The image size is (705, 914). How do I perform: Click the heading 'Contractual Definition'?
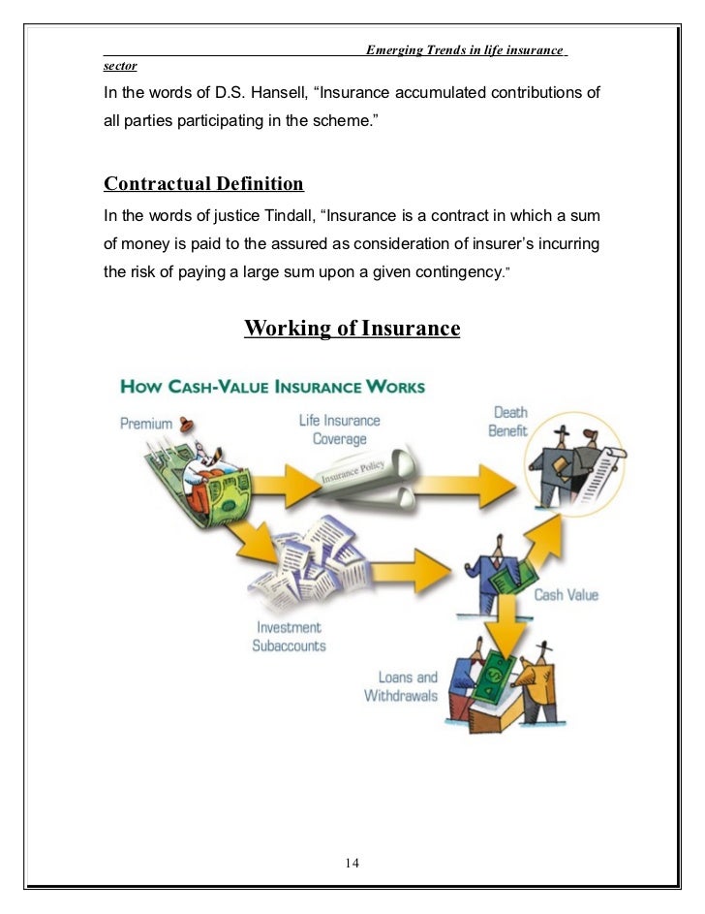click(x=203, y=184)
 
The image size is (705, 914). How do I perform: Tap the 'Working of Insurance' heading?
click(x=352, y=329)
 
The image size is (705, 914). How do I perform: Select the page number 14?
click(x=352, y=864)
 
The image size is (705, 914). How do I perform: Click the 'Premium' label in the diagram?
click(x=146, y=424)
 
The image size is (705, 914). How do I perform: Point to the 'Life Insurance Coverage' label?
click(x=339, y=429)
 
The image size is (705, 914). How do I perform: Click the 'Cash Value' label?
click(x=567, y=594)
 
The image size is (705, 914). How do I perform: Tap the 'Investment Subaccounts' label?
click(x=289, y=637)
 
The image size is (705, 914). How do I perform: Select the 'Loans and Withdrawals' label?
click(x=401, y=686)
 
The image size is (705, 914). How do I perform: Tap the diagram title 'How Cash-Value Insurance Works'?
click(x=272, y=387)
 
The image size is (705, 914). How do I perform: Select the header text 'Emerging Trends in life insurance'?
click(x=464, y=50)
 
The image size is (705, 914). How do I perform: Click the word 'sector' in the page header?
click(x=120, y=67)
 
